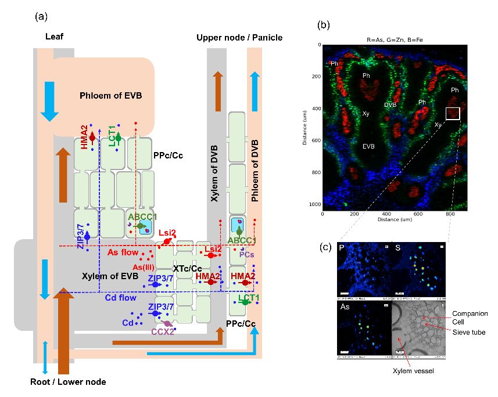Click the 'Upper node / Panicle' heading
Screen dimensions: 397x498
[239, 38]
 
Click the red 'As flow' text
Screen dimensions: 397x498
[124, 252]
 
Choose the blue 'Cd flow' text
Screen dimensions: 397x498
[120, 298]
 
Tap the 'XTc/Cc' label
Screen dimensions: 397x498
[188, 269]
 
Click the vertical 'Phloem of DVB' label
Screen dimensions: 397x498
[255, 174]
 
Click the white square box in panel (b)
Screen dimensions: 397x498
[453, 113]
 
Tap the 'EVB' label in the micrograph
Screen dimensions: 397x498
[368, 146]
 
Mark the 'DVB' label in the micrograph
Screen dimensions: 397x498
[390, 105]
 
